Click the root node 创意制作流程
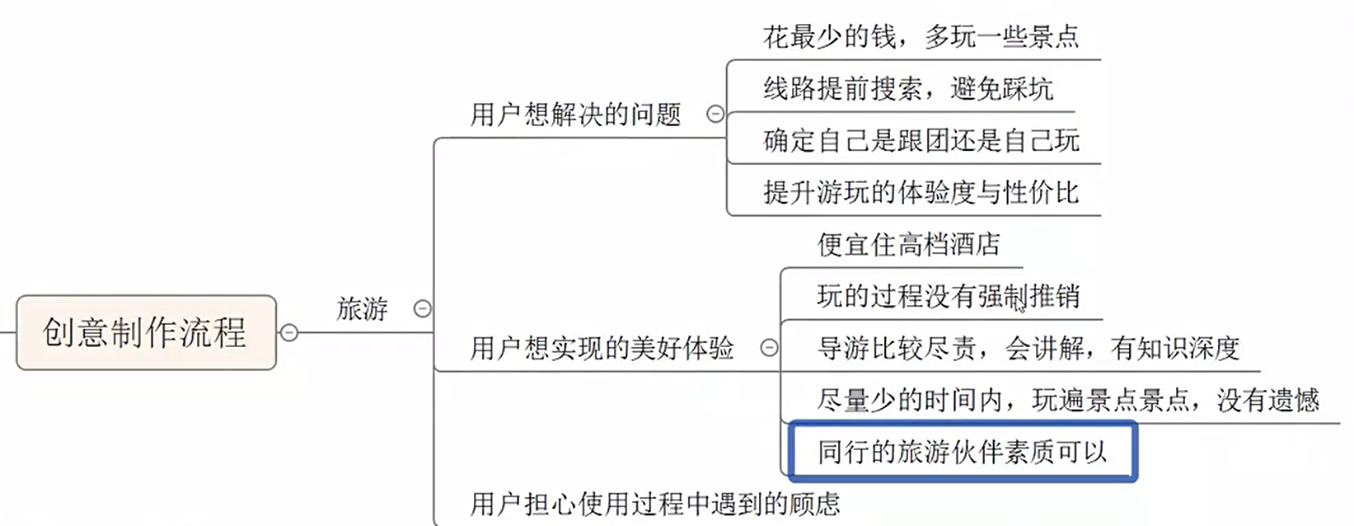145,332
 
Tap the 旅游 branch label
362,309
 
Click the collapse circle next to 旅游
422,309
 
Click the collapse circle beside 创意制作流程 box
289,333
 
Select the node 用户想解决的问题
575,115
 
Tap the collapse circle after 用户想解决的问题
715,115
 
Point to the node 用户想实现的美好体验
602,348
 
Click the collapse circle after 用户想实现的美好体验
769,348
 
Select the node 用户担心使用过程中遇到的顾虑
654,503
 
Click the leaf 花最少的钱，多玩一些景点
921,37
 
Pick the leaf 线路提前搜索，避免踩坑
907,89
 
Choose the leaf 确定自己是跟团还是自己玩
921,141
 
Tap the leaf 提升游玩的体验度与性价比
921,193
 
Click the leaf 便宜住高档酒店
908,245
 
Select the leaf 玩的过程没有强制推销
948,296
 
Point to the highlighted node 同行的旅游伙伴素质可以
962,452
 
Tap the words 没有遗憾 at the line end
1267,400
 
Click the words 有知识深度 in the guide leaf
1174,348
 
